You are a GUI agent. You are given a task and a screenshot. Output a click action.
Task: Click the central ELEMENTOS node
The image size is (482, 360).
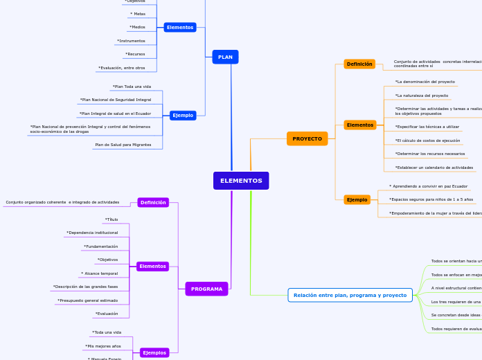(x=241, y=181)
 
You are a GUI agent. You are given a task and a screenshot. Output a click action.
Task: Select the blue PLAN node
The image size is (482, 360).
(x=225, y=57)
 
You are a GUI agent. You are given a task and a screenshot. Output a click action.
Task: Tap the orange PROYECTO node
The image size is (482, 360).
(x=307, y=138)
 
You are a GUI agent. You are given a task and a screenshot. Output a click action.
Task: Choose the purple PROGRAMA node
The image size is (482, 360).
(x=206, y=289)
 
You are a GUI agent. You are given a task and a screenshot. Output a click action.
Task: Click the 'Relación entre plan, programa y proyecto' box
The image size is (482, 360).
(x=350, y=295)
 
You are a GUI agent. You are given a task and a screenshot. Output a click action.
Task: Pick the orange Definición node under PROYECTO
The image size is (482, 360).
(x=359, y=64)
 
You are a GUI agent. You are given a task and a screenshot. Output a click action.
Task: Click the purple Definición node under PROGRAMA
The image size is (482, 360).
(x=153, y=202)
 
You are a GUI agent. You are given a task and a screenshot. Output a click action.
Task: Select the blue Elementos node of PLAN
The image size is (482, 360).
(x=180, y=27)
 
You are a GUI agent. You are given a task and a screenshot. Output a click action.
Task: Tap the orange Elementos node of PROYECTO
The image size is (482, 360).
(x=359, y=125)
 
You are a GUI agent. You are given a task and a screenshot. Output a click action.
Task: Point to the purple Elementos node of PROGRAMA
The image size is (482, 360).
(x=152, y=266)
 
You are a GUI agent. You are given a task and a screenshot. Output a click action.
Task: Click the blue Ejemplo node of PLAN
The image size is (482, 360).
(x=183, y=115)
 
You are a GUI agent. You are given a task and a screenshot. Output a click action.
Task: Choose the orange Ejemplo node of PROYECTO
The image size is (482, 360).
(x=357, y=199)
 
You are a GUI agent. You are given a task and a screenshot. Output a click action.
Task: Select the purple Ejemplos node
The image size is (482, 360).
(x=154, y=352)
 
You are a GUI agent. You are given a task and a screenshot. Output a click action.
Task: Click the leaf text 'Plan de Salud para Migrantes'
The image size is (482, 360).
(x=123, y=145)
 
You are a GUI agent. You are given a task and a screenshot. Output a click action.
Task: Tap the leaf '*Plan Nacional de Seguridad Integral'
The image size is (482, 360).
(x=115, y=100)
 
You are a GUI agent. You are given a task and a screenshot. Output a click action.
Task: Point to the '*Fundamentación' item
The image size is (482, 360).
(x=100, y=246)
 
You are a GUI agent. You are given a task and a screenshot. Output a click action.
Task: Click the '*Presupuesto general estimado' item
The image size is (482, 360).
(x=87, y=300)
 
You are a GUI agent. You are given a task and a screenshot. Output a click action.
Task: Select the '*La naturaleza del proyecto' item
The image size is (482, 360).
(x=421, y=96)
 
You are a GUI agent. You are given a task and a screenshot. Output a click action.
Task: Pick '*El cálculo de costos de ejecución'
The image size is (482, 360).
(x=427, y=141)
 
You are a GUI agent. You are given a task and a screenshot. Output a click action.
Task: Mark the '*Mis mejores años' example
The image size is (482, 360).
(x=102, y=345)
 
